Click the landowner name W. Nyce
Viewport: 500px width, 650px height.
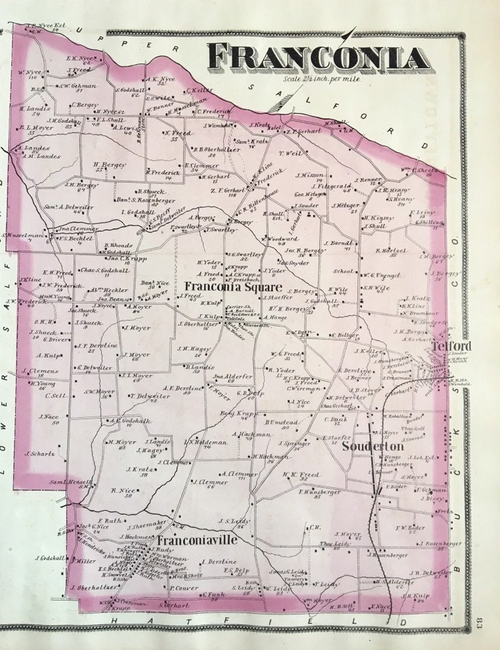pyautogui.click(x=27, y=72)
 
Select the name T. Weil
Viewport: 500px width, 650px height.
pyautogui.click(x=293, y=153)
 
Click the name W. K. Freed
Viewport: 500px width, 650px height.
pyautogui.click(x=297, y=474)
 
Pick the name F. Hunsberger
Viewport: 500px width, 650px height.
pyautogui.click(x=319, y=491)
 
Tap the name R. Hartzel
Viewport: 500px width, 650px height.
pyautogui.click(x=391, y=250)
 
